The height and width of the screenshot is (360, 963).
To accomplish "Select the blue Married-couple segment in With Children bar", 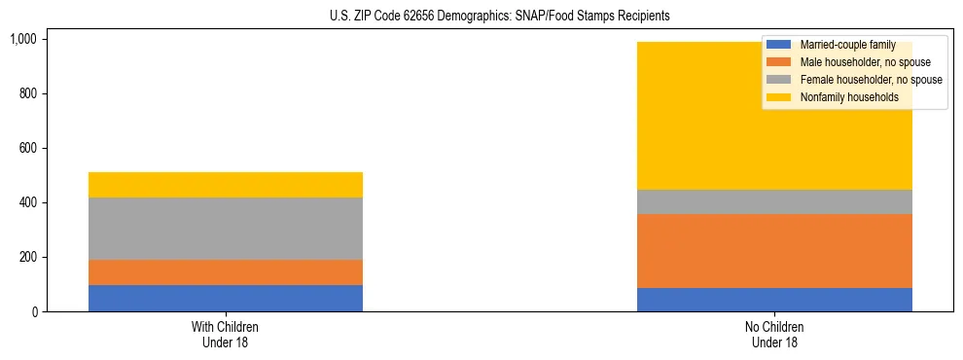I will click(225, 298).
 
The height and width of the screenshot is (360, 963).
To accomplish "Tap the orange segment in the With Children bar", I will click(225, 272).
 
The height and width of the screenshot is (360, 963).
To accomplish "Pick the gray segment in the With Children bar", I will click(225, 229).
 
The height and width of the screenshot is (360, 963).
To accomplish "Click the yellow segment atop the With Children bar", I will click(225, 185).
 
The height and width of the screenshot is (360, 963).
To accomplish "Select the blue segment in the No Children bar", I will click(774, 300).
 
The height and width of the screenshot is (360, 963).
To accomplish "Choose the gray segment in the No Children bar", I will click(774, 201).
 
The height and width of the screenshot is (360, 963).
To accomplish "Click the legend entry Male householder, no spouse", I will click(851, 62).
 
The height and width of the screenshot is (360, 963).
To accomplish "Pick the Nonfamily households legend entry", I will click(842, 97).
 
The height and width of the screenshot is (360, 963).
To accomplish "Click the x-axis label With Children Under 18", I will click(225, 334).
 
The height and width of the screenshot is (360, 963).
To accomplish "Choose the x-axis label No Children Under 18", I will click(774, 334).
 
